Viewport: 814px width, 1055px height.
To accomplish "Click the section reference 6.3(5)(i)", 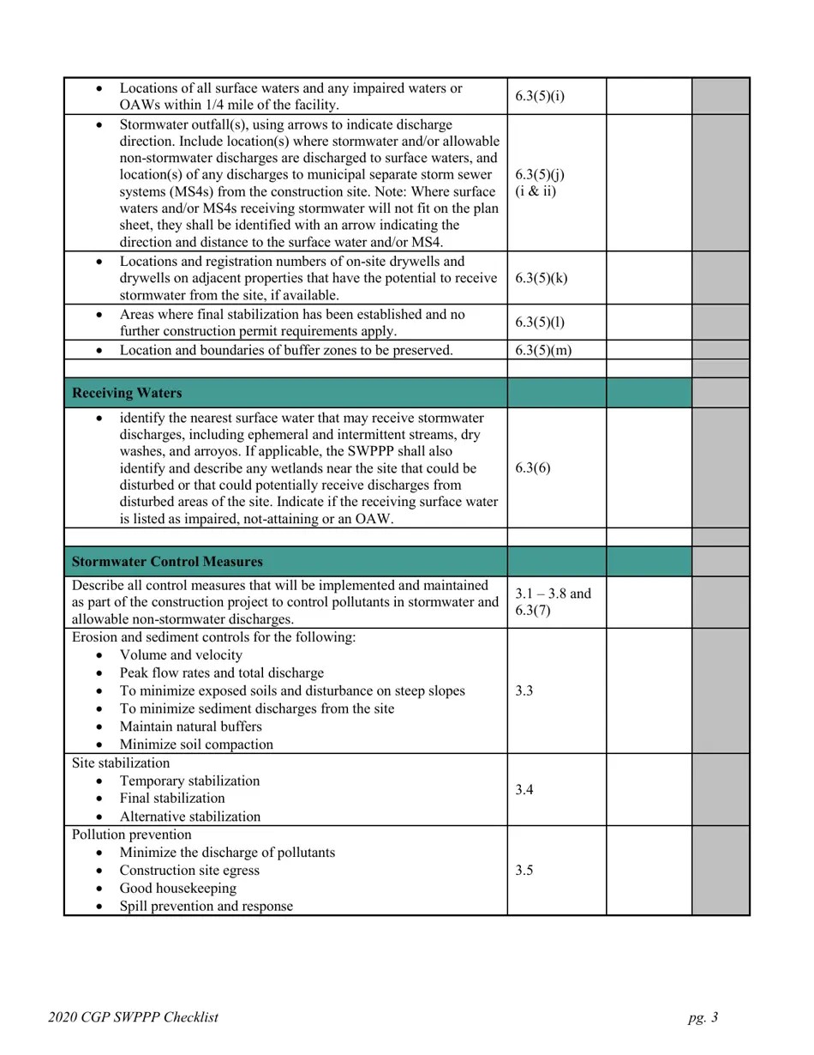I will pyautogui.click(x=540, y=96).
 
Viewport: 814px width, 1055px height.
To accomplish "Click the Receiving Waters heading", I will pyautogui.click(x=127, y=393).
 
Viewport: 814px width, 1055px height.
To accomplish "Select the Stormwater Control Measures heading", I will pyautogui.click(x=167, y=562).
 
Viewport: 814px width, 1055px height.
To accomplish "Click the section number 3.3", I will pyautogui.click(x=525, y=690).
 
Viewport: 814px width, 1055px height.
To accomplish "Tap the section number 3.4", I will pyautogui.click(x=525, y=790).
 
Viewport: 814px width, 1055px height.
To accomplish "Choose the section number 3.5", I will pyautogui.click(x=525, y=871).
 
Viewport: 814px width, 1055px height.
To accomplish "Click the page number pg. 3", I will pyautogui.click(x=703, y=1018).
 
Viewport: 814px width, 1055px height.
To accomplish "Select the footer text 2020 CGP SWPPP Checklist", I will pyautogui.click(x=133, y=1018).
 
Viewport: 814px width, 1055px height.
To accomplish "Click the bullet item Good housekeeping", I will pyautogui.click(x=177, y=889).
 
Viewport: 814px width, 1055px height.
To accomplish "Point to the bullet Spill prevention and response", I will pyautogui.click(x=206, y=907).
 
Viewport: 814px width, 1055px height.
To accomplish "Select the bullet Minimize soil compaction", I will pyautogui.click(x=196, y=745).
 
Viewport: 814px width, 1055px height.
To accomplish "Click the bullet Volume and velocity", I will pyautogui.click(x=181, y=655).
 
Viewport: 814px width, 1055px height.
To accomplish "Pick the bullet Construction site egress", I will pyautogui.click(x=189, y=871).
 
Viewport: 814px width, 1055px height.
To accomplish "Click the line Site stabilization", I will pyautogui.click(x=121, y=763).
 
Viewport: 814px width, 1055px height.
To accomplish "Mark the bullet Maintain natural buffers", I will pyautogui.click(x=190, y=726).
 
